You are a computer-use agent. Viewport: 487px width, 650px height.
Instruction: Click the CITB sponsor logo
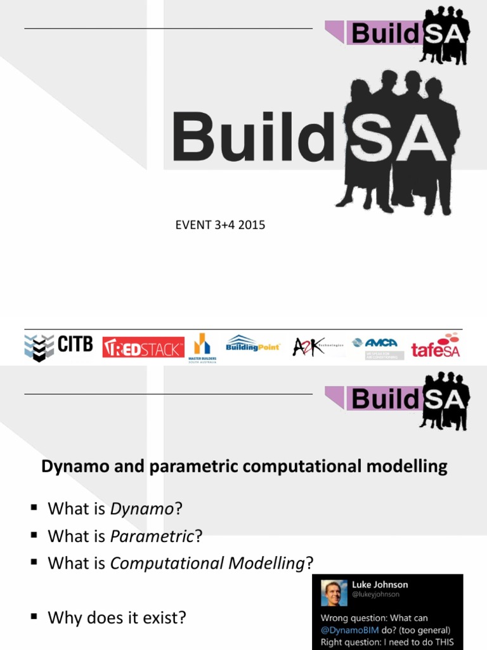pyautogui.click(x=58, y=347)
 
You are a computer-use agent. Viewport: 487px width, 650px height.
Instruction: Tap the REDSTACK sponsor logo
pyautogui.click(x=143, y=347)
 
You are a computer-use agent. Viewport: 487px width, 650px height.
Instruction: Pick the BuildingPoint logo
pyautogui.click(x=252, y=345)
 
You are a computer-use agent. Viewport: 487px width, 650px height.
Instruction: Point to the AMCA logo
pyautogui.click(x=379, y=347)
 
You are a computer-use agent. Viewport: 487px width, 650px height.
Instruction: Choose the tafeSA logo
pyautogui.click(x=436, y=346)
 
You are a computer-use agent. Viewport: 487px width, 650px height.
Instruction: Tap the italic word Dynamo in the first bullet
pyautogui.click(x=141, y=508)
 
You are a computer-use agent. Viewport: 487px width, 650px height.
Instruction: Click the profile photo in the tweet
pyautogui.click(x=334, y=592)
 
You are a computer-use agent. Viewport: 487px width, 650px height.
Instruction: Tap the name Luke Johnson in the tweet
pyautogui.click(x=380, y=585)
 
